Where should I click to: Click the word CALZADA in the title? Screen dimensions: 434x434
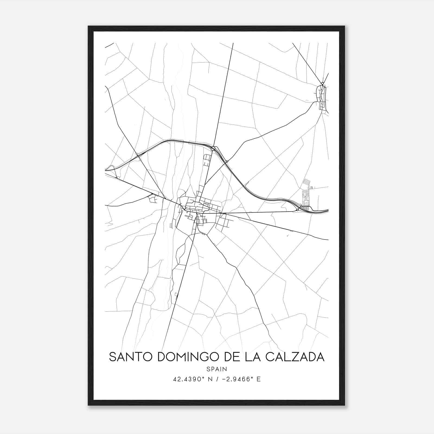(295, 357)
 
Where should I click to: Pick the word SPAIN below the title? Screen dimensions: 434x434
(217, 369)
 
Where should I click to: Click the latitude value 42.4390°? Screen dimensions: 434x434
(189, 379)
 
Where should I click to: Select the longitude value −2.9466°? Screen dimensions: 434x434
(237, 379)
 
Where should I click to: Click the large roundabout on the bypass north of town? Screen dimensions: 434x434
(213, 148)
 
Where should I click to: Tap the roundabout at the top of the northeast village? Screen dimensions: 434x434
(322, 83)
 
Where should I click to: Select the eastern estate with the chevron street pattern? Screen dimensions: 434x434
(305, 197)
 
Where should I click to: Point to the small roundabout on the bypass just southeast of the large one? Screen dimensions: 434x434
(227, 162)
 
